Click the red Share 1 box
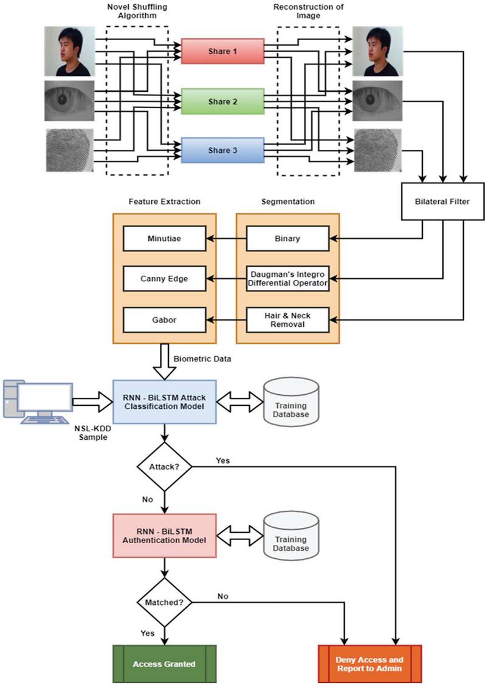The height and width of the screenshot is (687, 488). pyautogui.click(x=222, y=52)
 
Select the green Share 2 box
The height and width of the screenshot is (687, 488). pyautogui.click(x=222, y=101)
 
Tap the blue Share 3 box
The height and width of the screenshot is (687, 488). pyautogui.click(x=222, y=150)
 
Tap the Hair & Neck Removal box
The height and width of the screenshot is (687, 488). pyautogui.click(x=287, y=320)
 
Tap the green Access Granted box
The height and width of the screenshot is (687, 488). pyautogui.click(x=165, y=663)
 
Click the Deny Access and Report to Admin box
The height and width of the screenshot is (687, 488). pyautogui.click(x=370, y=663)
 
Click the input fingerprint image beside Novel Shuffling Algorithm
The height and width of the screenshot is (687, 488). pyautogui.click(x=70, y=149)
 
